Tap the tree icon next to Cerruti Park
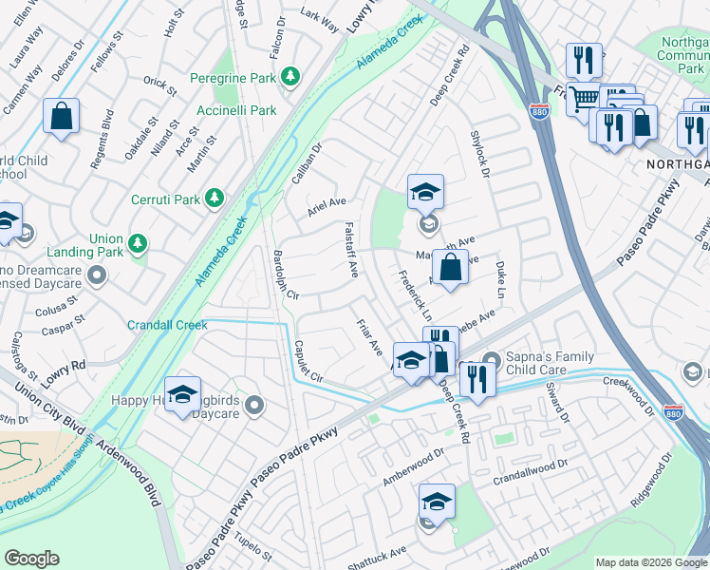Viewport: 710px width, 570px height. point(216,198)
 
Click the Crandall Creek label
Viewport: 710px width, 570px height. point(167,325)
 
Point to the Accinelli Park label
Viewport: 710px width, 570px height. point(236,110)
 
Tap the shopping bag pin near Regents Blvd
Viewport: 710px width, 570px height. point(62,118)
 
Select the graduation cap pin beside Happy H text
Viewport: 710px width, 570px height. point(182,396)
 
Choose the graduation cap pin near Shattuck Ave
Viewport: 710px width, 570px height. point(437,503)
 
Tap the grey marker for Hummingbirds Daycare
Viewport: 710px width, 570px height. point(253,407)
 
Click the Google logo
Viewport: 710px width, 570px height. point(32,559)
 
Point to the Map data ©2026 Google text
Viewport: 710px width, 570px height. point(650,562)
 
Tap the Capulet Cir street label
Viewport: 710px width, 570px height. point(309,361)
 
